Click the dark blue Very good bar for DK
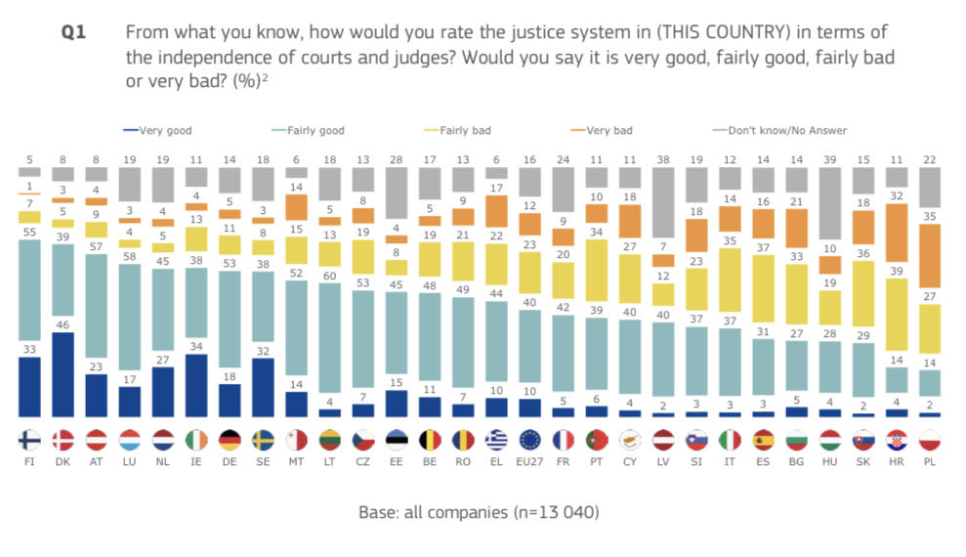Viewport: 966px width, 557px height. pos(62,375)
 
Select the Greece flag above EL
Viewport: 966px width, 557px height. pos(498,440)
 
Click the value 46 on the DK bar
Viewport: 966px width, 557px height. pos(62,323)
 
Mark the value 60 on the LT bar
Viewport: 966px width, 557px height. pos(331,277)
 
